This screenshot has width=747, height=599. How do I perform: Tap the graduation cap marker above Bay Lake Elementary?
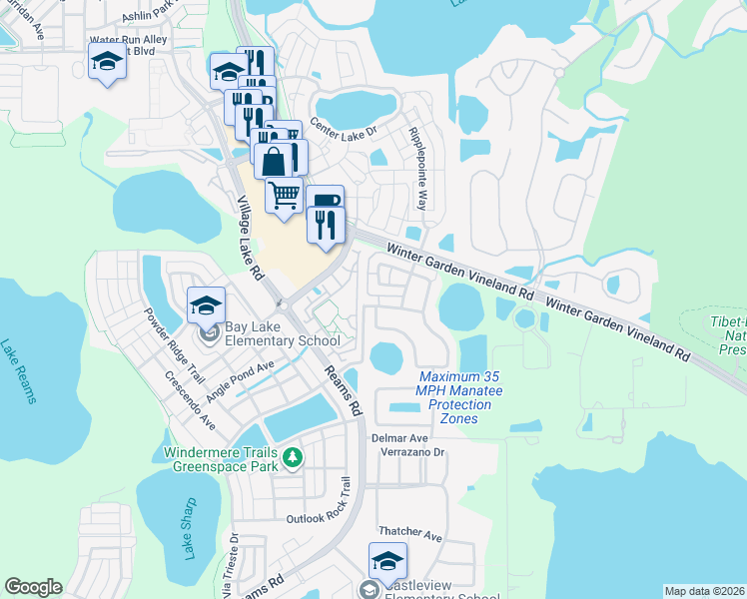[x=206, y=304]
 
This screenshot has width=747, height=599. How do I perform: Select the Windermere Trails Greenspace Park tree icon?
[x=292, y=458]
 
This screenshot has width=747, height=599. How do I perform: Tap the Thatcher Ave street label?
[x=409, y=535]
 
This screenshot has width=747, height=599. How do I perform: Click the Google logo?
[x=33, y=586]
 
